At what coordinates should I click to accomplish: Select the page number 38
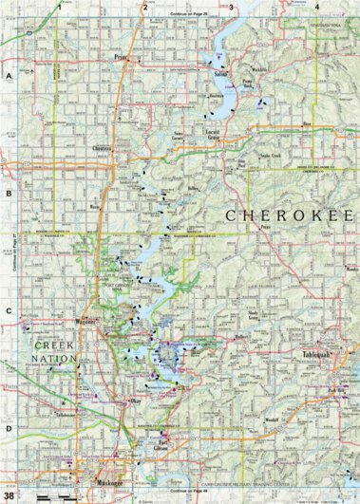click(x=9, y=495)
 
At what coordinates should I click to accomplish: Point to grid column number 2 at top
click(x=144, y=7)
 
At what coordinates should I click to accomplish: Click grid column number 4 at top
click(x=316, y=7)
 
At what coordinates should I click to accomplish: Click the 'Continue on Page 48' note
click(x=185, y=490)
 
